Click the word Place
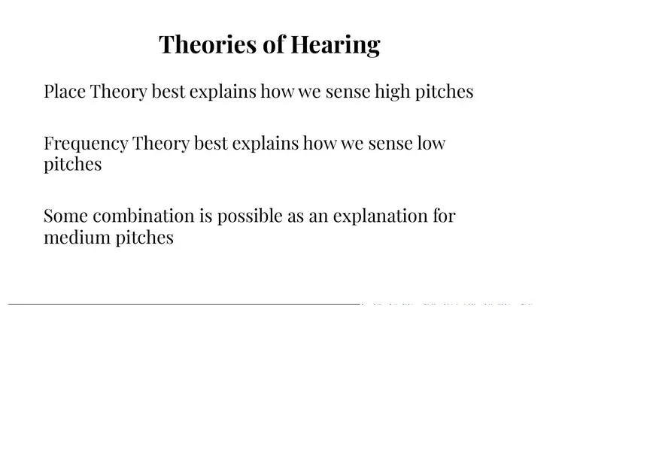65,92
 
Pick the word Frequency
86,143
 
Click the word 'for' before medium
444,216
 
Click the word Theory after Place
119,92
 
